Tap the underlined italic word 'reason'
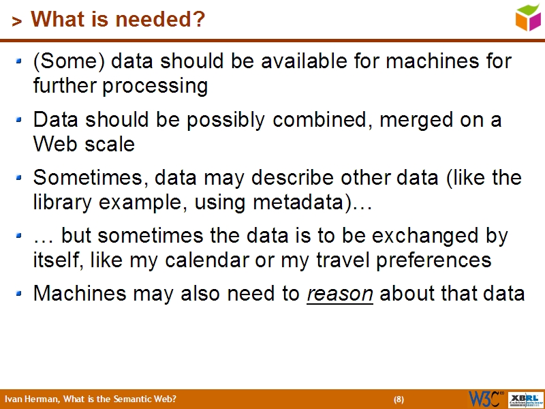(340, 294)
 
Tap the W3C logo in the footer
(486, 399)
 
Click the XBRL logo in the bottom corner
(526, 399)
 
